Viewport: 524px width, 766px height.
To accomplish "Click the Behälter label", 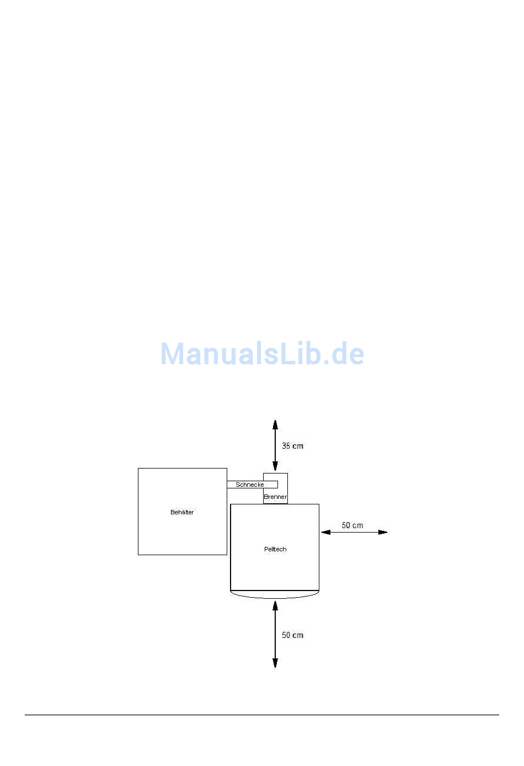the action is click(182, 512).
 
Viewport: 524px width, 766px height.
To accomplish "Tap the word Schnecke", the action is click(249, 485).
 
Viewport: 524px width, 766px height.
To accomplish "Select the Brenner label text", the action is click(275, 497).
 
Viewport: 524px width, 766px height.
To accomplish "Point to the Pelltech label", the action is click(275, 549).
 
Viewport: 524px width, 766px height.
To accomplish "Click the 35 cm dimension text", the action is click(292, 445).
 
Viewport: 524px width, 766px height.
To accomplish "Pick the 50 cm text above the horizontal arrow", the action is click(352, 525).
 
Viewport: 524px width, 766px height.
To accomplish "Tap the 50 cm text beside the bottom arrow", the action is click(292, 635).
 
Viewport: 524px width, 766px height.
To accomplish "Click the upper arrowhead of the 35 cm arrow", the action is click(275, 424).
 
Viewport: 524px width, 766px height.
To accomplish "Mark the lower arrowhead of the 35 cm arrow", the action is click(275, 466).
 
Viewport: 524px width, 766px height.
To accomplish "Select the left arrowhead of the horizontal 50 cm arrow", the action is click(326, 532).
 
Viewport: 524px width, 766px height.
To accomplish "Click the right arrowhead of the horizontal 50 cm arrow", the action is click(383, 532).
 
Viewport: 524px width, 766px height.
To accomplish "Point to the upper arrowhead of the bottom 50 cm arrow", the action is click(275, 605).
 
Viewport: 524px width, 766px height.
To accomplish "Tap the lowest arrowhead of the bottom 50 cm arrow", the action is click(275, 663).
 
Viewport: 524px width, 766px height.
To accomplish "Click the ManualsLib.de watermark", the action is click(262, 354).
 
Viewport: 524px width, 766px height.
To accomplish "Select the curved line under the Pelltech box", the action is click(275, 598).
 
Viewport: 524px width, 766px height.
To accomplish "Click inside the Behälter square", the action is click(183, 534).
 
